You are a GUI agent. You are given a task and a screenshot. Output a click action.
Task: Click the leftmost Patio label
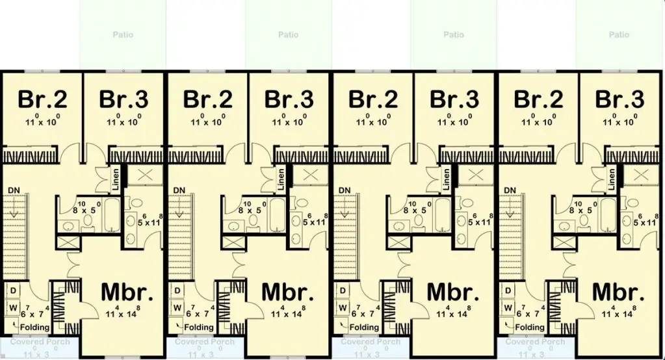click(x=123, y=34)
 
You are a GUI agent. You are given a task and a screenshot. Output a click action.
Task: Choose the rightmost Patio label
click(x=619, y=34)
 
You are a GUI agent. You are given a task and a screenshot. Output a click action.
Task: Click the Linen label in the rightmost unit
click(x=613, y=179)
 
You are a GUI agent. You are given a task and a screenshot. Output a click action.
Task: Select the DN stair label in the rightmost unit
click(x=510, y=190)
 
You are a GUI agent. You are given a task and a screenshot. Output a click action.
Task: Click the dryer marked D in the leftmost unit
click(x=13, y=290)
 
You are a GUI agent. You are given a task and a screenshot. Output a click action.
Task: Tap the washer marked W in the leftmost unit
click(x=13, y=307)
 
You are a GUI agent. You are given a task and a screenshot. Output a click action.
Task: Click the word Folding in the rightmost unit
click(x=530, y=327)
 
